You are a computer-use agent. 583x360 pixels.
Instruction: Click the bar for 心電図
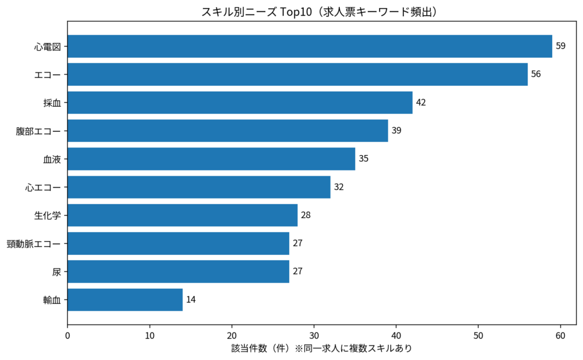click(310, 46)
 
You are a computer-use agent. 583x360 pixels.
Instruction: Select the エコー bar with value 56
click(297, 74)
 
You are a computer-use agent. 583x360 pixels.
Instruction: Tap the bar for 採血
click(240, 103)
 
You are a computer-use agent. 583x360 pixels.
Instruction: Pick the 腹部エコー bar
click(227, 131)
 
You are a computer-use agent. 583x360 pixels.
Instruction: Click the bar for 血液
click(211, 159)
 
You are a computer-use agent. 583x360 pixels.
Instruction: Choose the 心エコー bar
click(199, 187)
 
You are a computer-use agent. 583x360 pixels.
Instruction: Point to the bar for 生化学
click(182, 215)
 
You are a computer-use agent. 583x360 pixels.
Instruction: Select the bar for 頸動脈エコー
click(178, 243)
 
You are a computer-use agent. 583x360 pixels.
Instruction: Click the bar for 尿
click(178, 271)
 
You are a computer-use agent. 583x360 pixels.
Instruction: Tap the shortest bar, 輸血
click(125, 300)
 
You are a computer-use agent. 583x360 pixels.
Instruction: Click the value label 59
click(560, 46)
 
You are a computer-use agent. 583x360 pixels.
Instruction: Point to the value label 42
click(421, 103)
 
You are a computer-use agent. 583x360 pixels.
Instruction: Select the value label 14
click(191, 300)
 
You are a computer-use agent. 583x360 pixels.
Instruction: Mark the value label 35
click(363, 159)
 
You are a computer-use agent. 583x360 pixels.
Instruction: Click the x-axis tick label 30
click(314, 337)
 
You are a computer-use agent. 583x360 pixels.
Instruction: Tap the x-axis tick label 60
click(560, 337)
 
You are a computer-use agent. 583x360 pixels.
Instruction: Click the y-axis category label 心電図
click(47, 46)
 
